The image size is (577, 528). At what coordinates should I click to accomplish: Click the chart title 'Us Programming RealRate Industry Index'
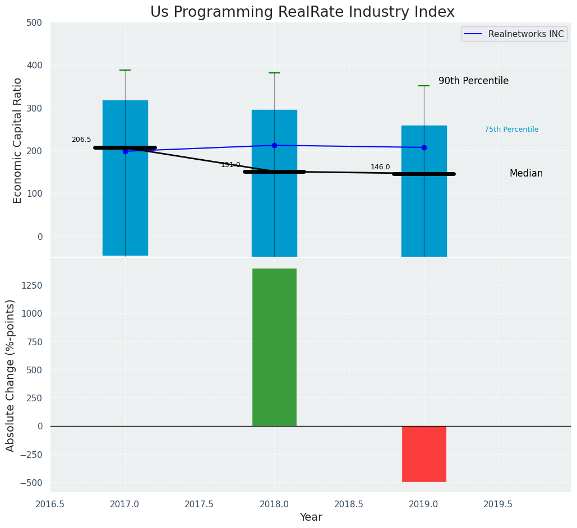(302, 12)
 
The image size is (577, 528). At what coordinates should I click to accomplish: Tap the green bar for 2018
(274, 347)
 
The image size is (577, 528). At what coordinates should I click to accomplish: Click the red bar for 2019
(424, 453)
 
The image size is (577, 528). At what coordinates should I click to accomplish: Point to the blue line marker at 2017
(125, 151)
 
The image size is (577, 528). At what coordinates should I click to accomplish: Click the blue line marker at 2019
(424, 147)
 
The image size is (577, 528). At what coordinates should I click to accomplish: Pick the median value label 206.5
(81, 140)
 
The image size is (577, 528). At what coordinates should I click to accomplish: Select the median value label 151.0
(230, 165)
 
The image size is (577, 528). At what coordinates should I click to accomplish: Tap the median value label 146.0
(380, 167)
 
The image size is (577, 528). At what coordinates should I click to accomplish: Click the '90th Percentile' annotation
(473, 81)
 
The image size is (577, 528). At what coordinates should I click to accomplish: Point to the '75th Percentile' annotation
(511, 129)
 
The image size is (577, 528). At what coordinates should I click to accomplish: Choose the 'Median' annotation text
(526, 174)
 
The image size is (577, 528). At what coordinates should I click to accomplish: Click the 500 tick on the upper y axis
(34, 23)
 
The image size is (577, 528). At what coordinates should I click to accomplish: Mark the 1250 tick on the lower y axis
(32, 285)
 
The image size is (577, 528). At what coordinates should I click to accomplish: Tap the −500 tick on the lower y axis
(32, 483)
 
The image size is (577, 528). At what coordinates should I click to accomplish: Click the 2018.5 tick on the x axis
(349, 504)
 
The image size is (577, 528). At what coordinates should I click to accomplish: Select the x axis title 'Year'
(311, 517)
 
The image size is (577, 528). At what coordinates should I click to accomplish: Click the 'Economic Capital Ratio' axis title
(17, 140)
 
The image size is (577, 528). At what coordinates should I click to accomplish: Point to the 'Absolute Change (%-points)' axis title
(11, 375)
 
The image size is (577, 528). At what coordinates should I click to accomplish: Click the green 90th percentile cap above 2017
(125, 70)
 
